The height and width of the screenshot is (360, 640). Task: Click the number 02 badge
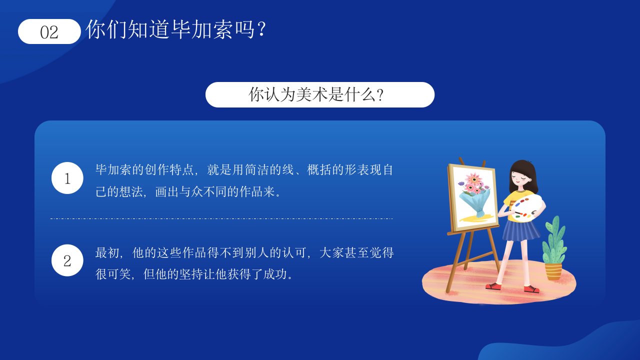pos(49,31)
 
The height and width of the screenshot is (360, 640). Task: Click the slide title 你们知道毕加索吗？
pos(176,29)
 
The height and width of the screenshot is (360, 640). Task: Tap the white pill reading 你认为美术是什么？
pos(319,94)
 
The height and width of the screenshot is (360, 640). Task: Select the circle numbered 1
pos(67,178)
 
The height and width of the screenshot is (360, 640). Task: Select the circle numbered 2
pos(67,260)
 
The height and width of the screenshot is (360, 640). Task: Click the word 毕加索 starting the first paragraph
pos(113,169)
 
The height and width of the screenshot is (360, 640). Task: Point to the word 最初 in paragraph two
pos(107,253)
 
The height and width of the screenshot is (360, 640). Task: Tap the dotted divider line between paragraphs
pos(221,218)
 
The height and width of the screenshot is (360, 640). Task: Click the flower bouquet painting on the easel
pos(473,198)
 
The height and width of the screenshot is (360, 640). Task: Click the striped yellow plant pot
pos(553,271)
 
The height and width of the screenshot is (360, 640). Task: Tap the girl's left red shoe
pos(493,286)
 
